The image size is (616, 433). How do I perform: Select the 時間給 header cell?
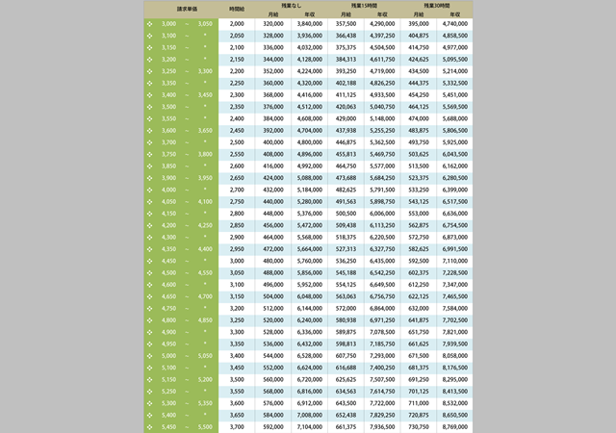coord(237,10)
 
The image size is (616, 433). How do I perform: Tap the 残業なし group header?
coord(291,6)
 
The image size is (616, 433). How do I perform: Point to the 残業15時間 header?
coord(364,6)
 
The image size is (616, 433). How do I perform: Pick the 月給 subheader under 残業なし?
coord(273,14)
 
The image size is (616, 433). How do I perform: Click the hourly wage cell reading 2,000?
coord(237,23)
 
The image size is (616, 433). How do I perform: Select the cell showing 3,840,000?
coord(309,23)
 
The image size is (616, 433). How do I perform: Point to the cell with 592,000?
coord(273,426)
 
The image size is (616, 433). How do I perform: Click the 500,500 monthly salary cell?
coord(346,213)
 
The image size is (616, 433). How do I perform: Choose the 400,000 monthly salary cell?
coord(273,141)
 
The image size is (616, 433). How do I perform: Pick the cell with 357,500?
coord(346,23)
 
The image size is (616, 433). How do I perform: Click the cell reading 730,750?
coord(419,426)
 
